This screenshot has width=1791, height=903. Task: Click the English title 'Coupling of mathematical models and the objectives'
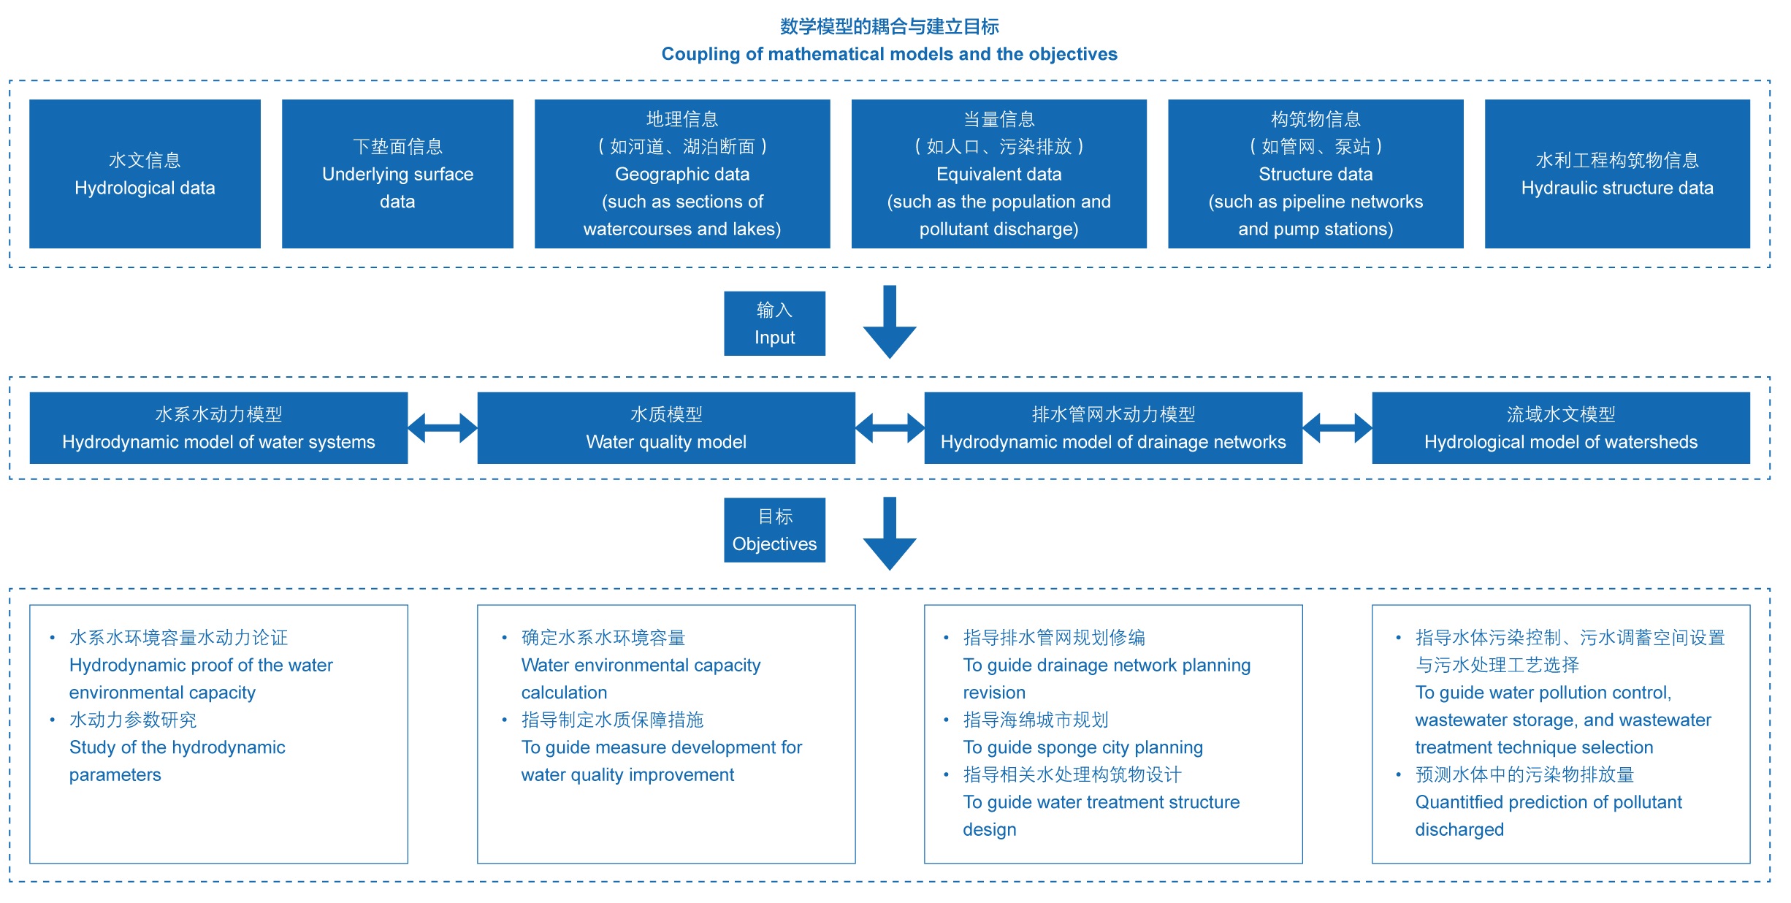[x=889, y=54]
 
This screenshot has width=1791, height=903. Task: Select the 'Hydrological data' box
[x=145, y=174]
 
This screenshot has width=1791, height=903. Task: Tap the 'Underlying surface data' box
[x=397, y=174]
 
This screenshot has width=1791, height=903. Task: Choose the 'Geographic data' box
[x=681, y=174]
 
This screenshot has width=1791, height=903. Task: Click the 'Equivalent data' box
[x=998, y=174]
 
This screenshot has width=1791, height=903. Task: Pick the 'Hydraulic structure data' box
[x=1616, y=174]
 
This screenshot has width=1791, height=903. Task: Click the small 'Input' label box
[x=774, y=324]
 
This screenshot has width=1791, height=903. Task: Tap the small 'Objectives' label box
[x=774, y=530]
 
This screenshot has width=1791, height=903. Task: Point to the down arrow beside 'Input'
[x=890, y=321]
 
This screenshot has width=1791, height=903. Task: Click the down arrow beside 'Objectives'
[x=890, y=533]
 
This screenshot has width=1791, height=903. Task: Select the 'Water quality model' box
[x=666, y=428]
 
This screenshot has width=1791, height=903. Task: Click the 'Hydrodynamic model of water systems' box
[x=218, y=428]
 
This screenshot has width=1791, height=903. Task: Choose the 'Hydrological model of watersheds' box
[x=1561, y=428]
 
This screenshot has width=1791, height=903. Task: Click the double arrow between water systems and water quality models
[x=443, y=428]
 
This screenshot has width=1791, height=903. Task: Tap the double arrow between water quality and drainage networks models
[x=890, y=428]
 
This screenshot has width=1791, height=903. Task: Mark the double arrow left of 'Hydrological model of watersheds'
[x=1337, y=428]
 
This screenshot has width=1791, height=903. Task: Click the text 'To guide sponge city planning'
[x=1082, y=747]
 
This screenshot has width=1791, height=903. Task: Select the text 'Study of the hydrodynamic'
[x=177, y=747]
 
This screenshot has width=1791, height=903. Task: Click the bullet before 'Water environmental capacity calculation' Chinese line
[x=504, y=639]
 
